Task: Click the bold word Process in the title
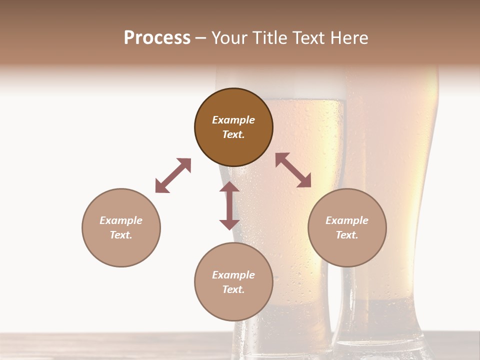[x=157, y=38]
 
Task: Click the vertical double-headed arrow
[x=229, y=205]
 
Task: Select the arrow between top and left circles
[x=173, y=175]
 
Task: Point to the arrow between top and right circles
[x=293, y=170]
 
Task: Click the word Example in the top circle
[x=233, y=120]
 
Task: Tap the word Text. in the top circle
[x=233, y=134]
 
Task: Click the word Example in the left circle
[x=121, y=220]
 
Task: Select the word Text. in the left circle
[x=121, y=235]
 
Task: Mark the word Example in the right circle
[x=347, y=220]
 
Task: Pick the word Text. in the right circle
[x=347, y=235]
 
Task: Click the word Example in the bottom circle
[x=233, y=275]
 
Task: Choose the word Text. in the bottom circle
[x=233, y=289]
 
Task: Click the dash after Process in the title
[x=200, y=38]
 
